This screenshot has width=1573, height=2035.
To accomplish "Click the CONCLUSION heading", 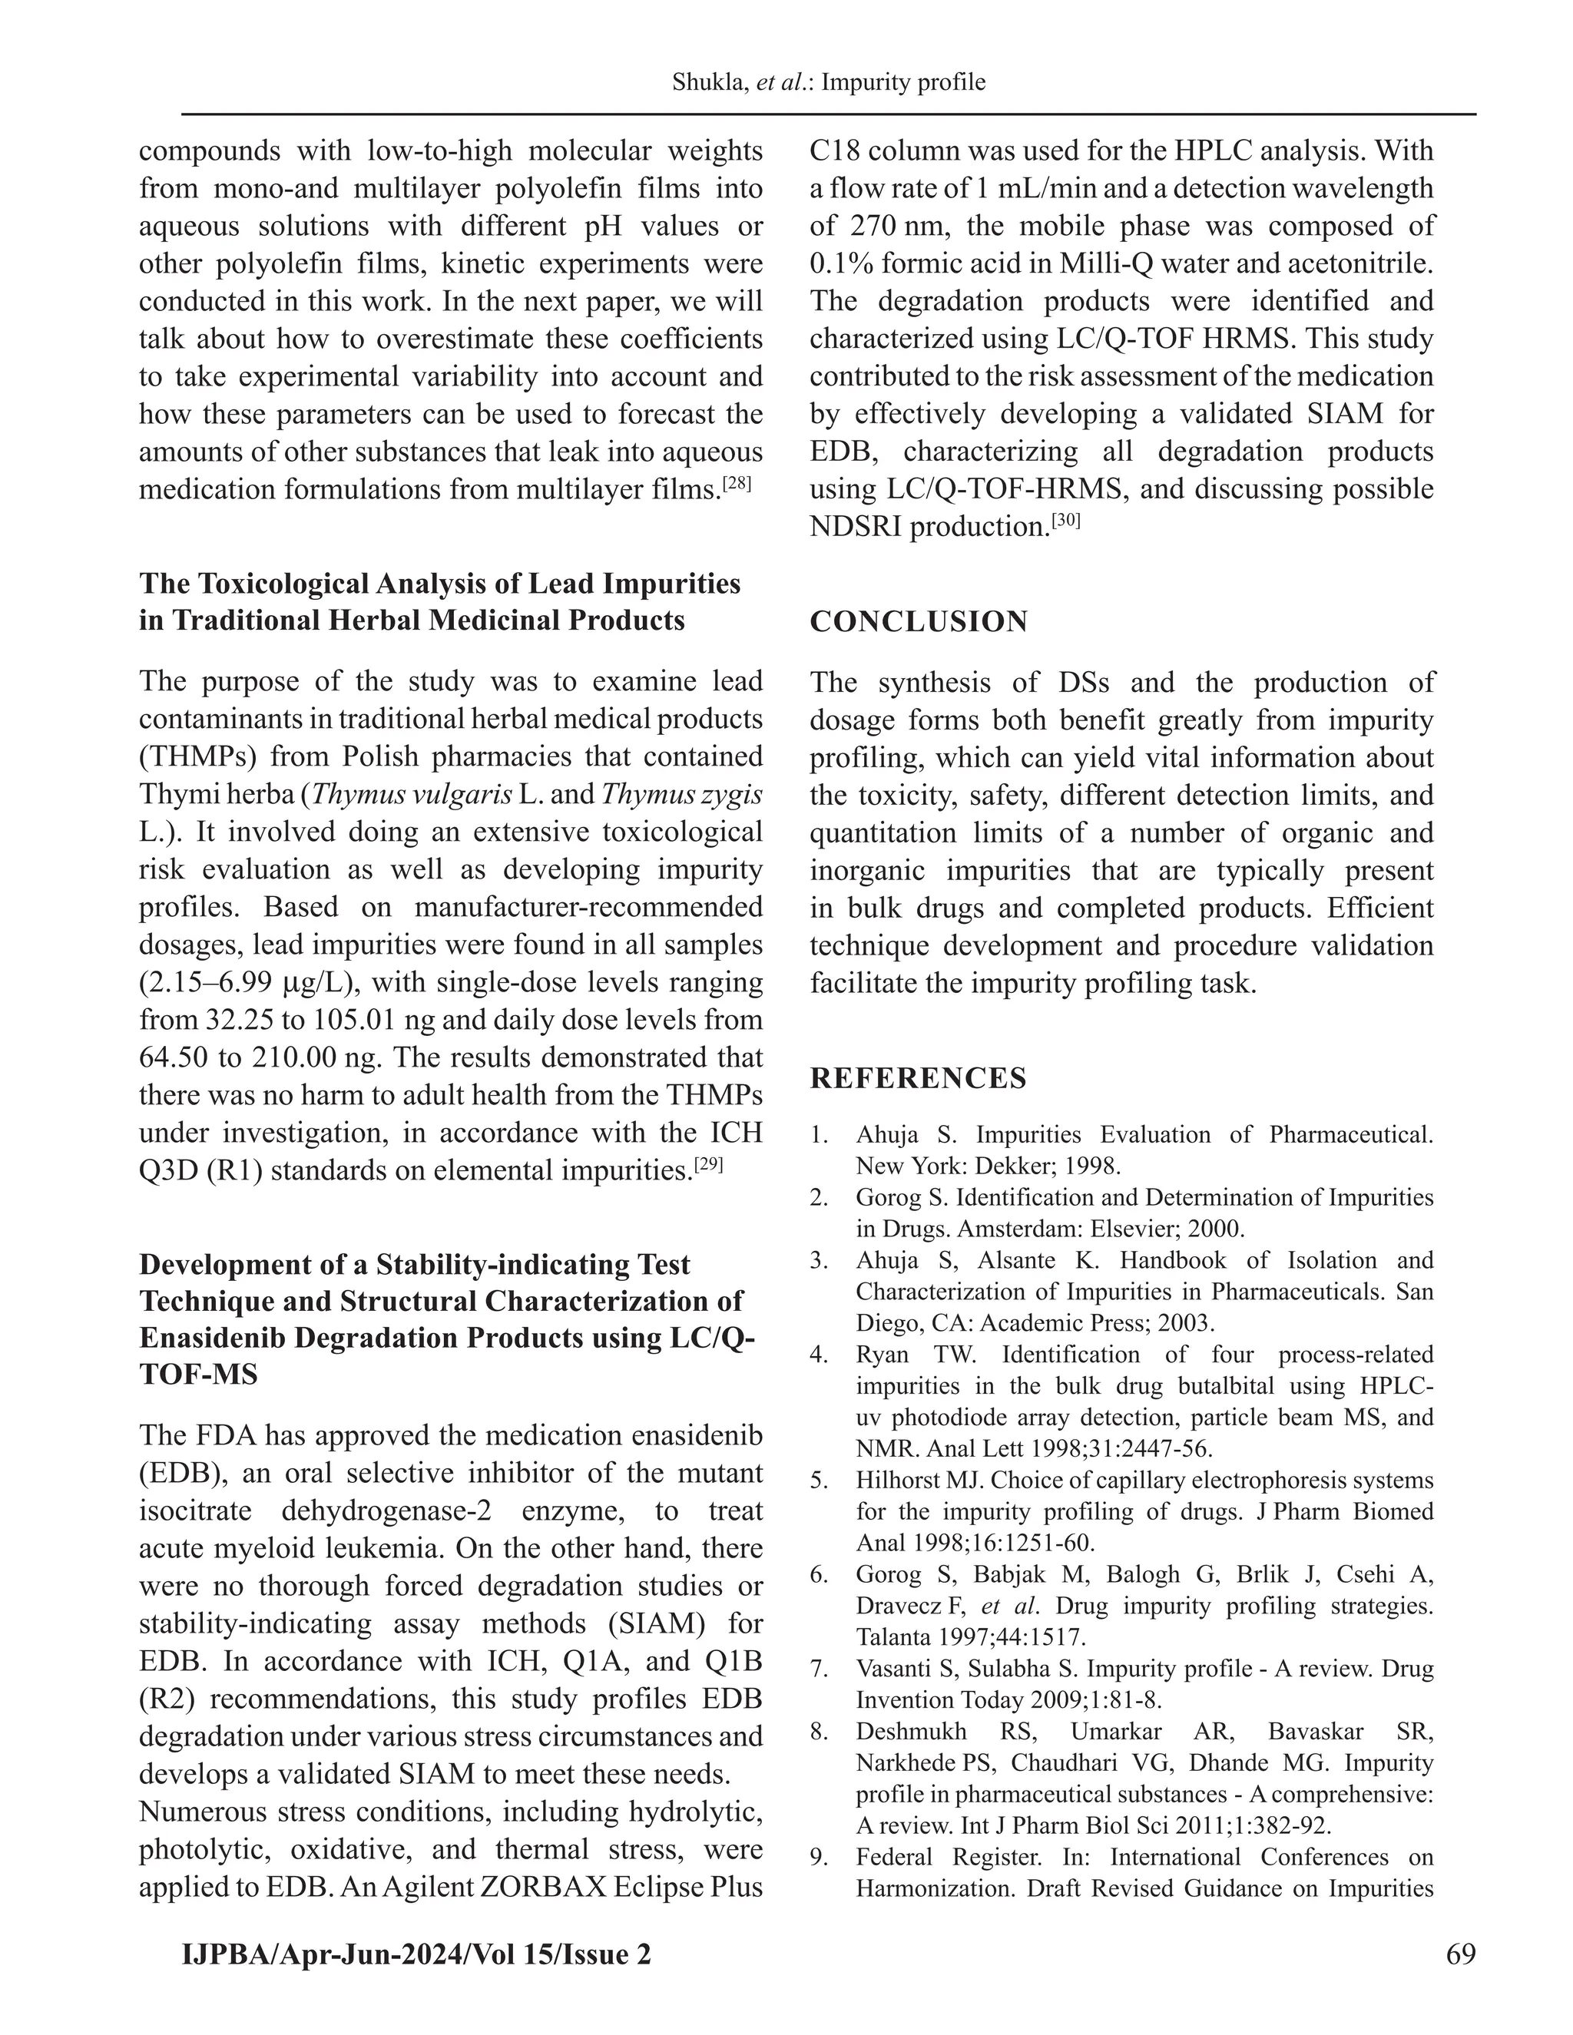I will coord(918,621).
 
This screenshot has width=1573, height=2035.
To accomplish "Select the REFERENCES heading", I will coord(918,1078).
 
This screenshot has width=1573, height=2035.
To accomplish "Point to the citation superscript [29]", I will coord(708,1163).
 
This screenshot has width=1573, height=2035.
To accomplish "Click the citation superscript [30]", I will coord(1065,521).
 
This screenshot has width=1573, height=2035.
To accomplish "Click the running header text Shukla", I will coord(709,83).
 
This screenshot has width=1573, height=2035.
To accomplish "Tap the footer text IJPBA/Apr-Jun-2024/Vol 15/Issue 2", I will coord(416,1954).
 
